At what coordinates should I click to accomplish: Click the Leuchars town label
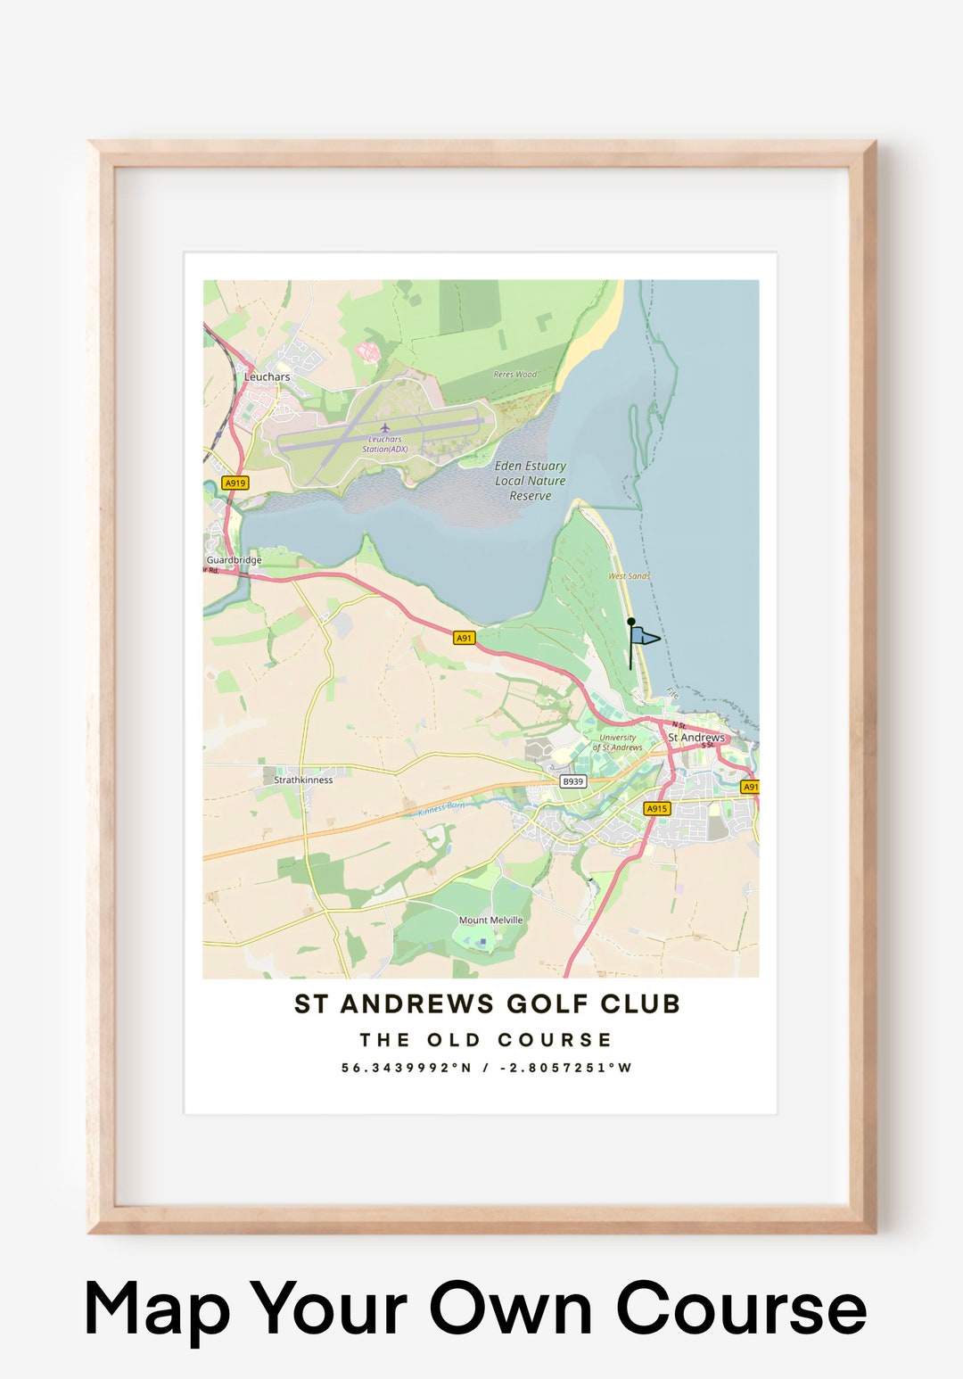[x=267, y=376]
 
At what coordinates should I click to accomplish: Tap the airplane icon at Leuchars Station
[x=385, y=427]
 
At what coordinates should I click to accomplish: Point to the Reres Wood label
[x=515, y=375]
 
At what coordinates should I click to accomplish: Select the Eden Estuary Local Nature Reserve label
[x=531, y=481]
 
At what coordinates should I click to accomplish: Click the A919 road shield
[x=235, y=483]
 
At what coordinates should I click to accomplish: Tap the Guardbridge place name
[x=234, y=560]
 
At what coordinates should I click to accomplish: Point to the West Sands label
[x=630, y=576]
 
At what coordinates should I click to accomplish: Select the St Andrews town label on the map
[x=696, y=738]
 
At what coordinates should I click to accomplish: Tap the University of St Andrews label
[x=618, y=742]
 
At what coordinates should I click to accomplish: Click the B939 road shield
[x=572, y=781]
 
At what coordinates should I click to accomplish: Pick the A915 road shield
[x=656, y=809]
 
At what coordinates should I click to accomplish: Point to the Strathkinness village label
[x=303, y=780]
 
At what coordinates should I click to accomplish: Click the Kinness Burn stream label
[x=441, y=808]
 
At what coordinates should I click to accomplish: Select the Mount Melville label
[x=490, y=920]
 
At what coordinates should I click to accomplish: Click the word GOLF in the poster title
[x=547, y=1004]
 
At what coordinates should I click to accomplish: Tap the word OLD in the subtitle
[x=454, y=1040]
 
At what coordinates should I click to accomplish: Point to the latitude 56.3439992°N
[x=406, y=1068]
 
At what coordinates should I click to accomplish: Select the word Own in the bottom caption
[x=511, y=1309]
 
